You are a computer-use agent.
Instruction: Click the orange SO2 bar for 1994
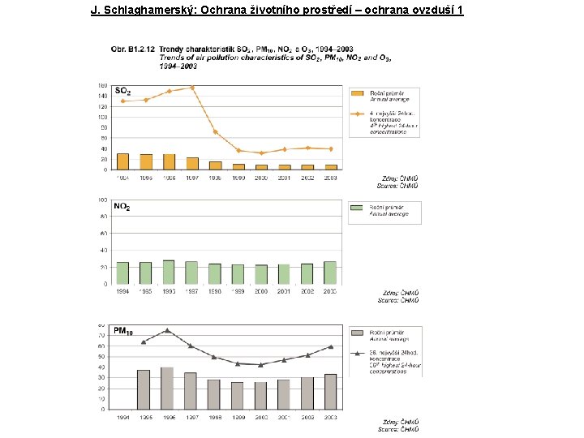[x=122, y=161]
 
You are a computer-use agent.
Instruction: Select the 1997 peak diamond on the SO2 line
[x=192, y=88]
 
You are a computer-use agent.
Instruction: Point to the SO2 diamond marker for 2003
[x=330, y=149]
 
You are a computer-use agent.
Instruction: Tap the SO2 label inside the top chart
[x=123, y=91]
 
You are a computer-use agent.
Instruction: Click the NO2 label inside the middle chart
[x=122, y=208]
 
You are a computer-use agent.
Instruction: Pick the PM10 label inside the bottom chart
[x=124, y=331]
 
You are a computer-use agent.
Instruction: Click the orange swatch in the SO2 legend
[x=357, y=93]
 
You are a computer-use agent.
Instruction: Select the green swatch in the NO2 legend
[x=357, y=208]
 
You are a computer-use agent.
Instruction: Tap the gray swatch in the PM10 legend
[x=357, y=333]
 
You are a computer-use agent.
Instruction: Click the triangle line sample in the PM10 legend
[x=357, y=354]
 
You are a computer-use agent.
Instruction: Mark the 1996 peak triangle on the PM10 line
[x=166, y=330]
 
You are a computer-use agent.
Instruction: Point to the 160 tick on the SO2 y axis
[x=102, y=85]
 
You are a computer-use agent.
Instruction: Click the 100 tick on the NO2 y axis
[x=102, y=200]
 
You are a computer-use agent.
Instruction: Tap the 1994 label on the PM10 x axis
[x=122, y=418]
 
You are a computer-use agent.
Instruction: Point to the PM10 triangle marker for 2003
[x=330, y=346]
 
